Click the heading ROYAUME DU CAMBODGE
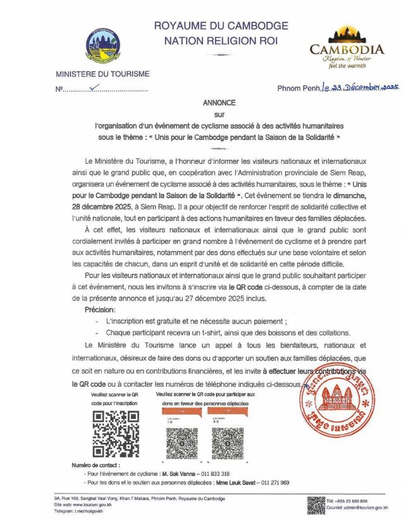click(x=221, y=26)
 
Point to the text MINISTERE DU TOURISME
click(x=102, y=74)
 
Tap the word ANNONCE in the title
click(x=219, y=102)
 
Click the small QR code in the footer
click(x=316, y=505)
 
